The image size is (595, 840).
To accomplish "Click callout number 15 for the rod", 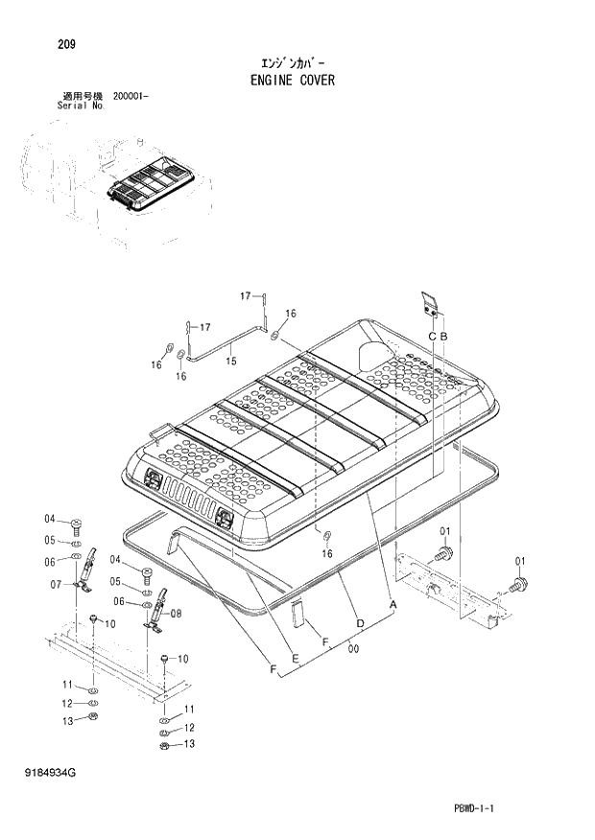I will point(230,361).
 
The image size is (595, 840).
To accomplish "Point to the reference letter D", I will point(359,624).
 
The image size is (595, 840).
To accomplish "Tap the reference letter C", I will point(432,336).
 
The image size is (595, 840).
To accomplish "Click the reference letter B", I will point(443,336).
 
